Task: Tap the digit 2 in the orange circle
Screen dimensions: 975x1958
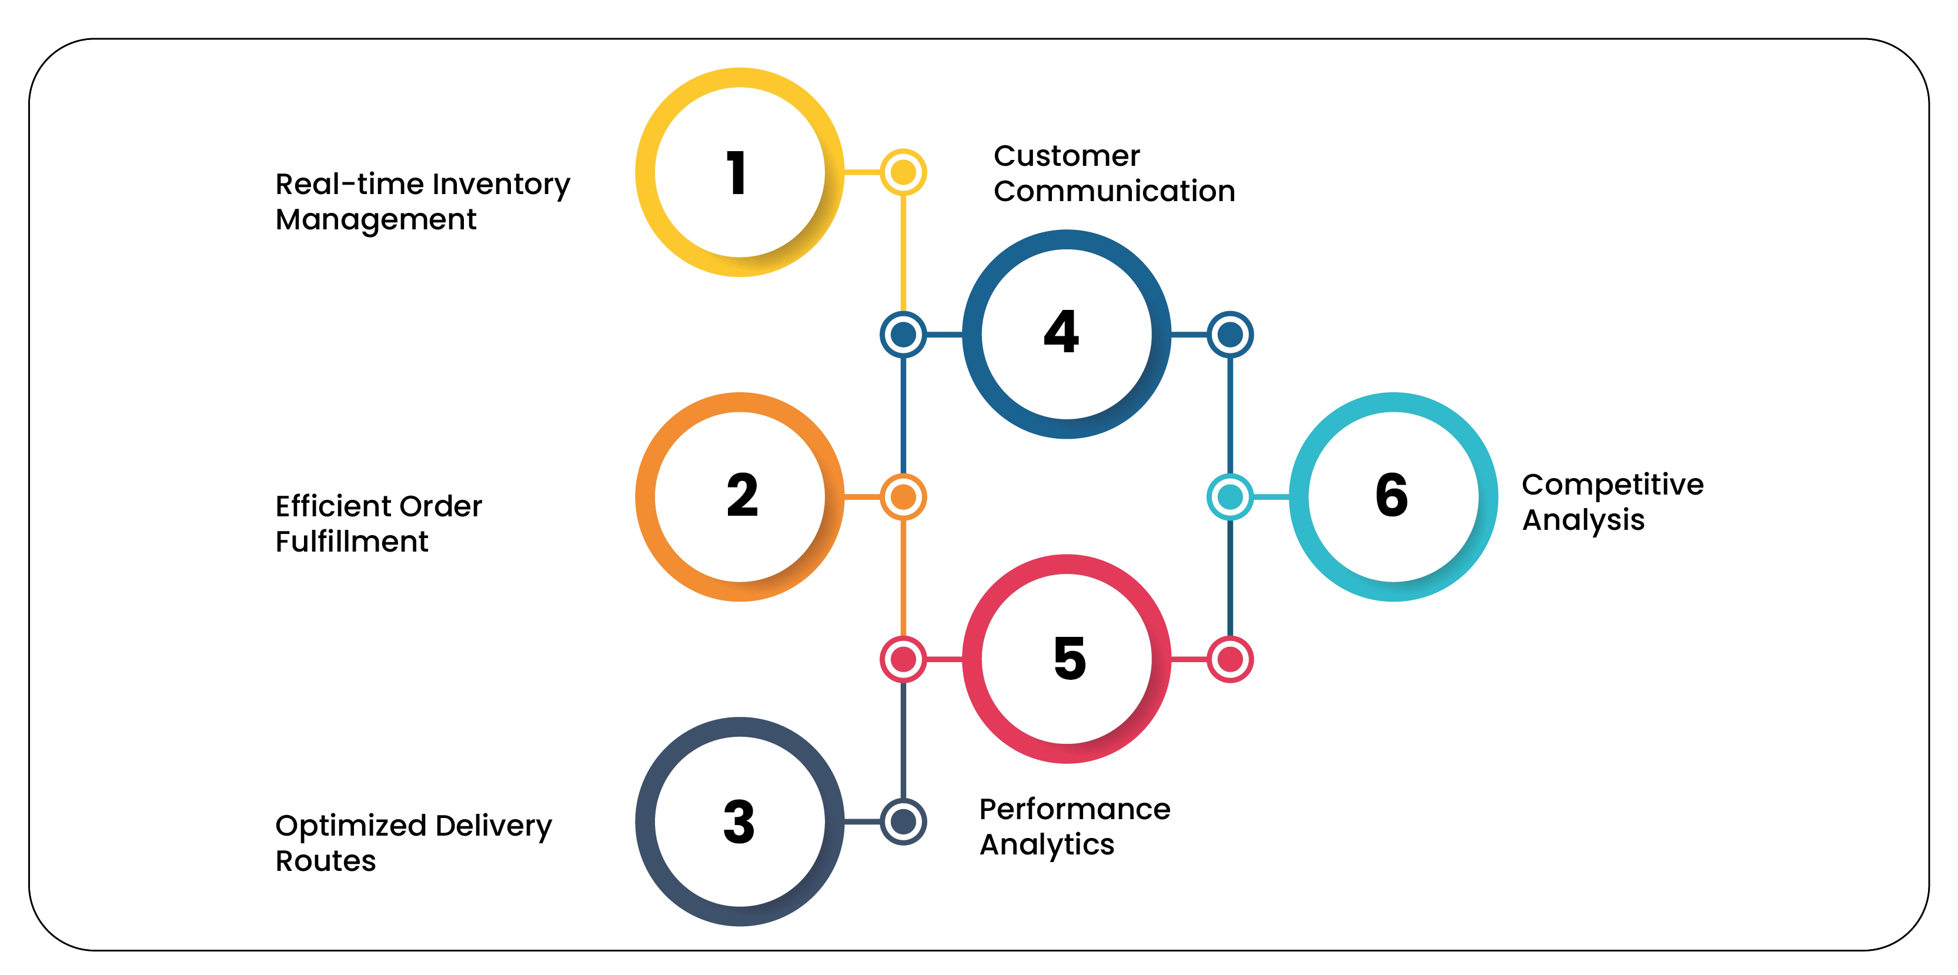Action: (742, 496)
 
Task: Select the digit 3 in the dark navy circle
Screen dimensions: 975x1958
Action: (739, 822)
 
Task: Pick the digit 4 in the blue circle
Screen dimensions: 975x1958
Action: (1062, 332)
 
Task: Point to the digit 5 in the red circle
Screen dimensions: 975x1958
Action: (1070, 658)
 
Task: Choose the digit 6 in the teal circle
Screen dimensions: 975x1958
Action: (1392, 496)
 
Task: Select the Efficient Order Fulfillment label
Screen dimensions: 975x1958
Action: (377, 523)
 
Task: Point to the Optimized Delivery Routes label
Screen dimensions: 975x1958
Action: (413, 843)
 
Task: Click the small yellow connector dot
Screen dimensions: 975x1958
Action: (903, 172)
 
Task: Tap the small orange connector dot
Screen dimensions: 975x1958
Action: (903, 497)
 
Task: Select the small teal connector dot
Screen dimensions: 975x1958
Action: (1230, 497)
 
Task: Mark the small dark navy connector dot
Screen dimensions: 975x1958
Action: (903, 822)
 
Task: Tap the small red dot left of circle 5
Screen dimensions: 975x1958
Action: (903, 659)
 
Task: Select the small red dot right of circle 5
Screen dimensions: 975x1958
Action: (1230, 659)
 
